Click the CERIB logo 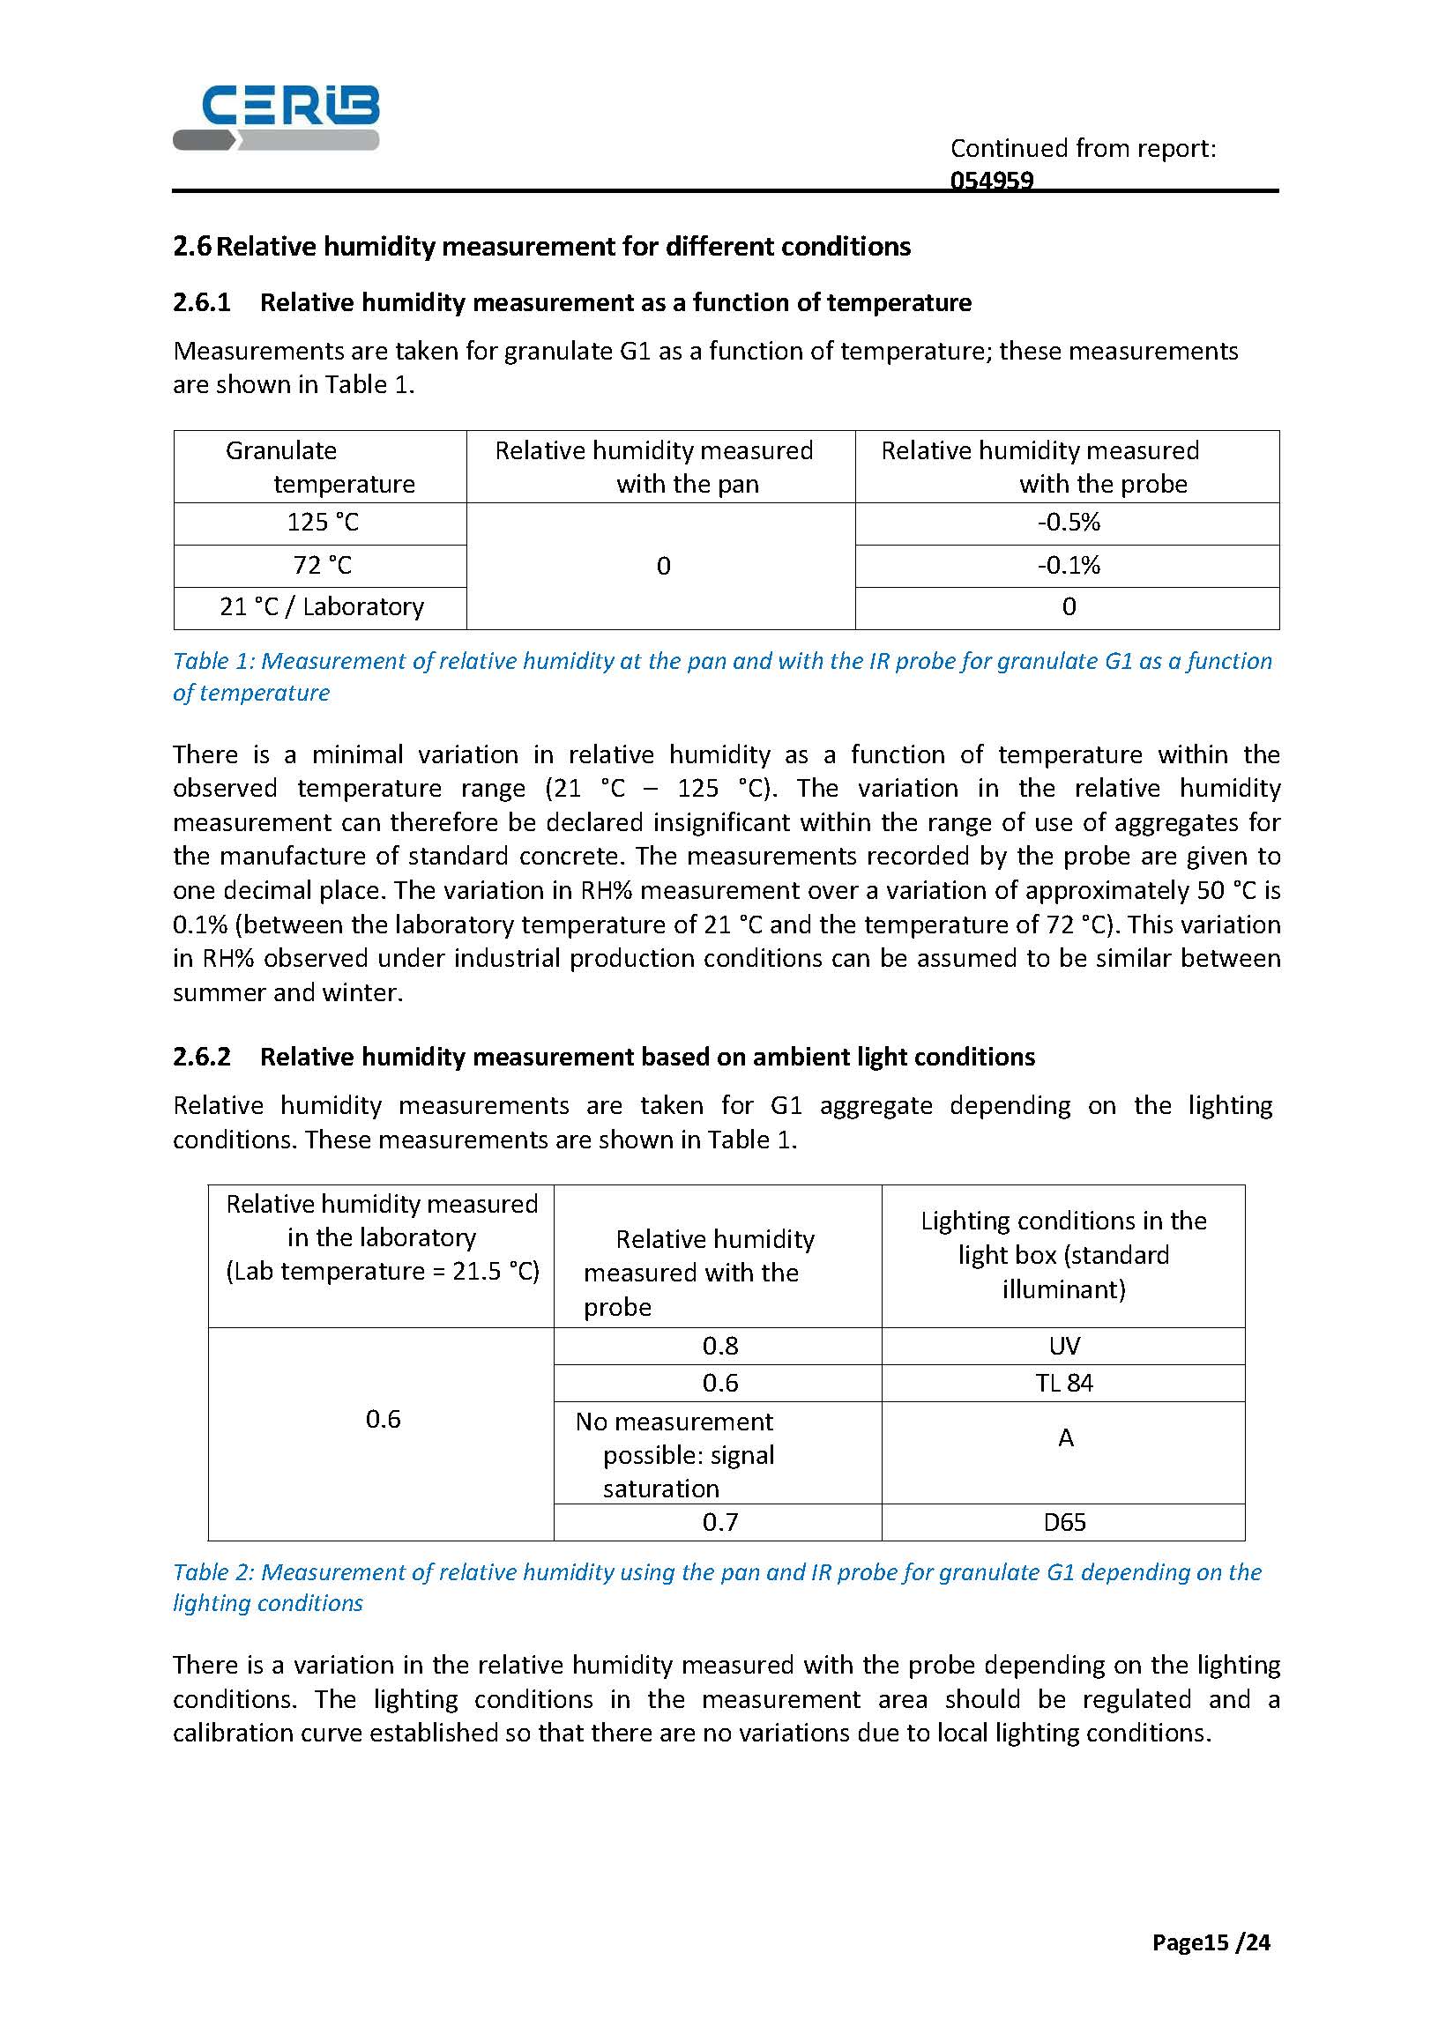tap(276, 116)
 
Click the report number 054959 tap(991, 181)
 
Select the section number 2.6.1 tap(201, 302)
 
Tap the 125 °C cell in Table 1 tap(322, 523)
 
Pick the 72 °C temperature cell tap(322, 565)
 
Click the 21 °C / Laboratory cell tap(321, 606)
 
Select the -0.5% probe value tap(1069, 523)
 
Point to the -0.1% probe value tap(1069, 565)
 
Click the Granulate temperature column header tap(319, 467)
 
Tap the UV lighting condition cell tap(1064, 1345)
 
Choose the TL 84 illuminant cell tap(1064, 1383)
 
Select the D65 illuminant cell tap(1064, 1521)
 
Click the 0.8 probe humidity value tap(719, 1345)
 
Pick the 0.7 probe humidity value tap(719, 1521)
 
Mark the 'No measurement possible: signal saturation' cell tap(674, 1454)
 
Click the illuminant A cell tap(1065, 1437)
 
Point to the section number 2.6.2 tap(201, 1057)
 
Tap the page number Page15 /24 tap(1211, 1942)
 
